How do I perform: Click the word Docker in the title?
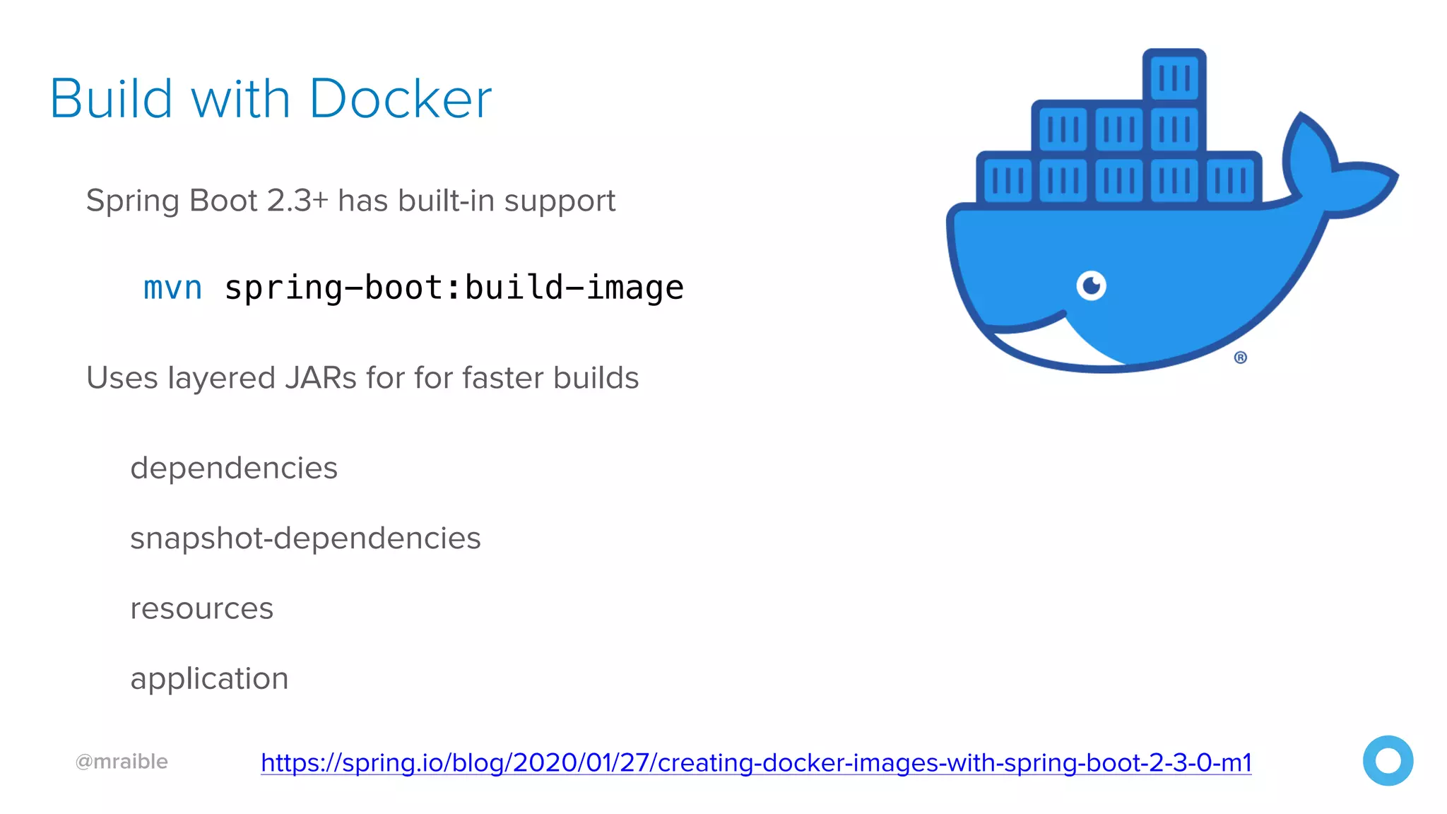click(400, 99)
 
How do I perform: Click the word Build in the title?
click(111, 99)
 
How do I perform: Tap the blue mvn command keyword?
click(172, 288)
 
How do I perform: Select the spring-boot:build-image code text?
click(454, 288)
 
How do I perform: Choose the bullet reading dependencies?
click(234, 468)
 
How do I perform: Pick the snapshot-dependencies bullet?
click(305, 538)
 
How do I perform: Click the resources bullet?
click(201, 608)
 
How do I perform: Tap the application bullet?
click(209, 678)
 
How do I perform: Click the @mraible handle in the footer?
click(122, 762)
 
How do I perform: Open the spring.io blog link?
click(756, 762)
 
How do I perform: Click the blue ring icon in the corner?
click(1388, 760)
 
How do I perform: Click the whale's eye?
click(1092, 285)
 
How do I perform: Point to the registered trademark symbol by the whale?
click(1241, 358)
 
